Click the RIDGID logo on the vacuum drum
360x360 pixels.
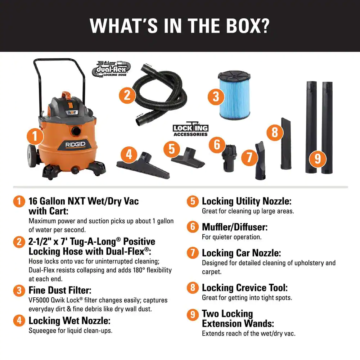75,145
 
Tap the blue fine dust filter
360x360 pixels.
234,95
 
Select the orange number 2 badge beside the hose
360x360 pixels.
127,95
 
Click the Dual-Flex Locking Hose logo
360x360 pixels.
111,69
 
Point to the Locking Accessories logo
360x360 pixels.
190,129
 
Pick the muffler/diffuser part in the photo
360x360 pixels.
229,158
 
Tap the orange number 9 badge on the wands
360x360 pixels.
318,158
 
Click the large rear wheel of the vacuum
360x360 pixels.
32,156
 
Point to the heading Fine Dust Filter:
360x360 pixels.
60,290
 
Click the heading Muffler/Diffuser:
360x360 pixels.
235,227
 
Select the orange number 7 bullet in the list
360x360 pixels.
193,253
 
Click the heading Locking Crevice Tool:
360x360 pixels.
245,288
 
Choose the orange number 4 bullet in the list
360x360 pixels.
19,320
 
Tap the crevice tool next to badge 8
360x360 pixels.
286,143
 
